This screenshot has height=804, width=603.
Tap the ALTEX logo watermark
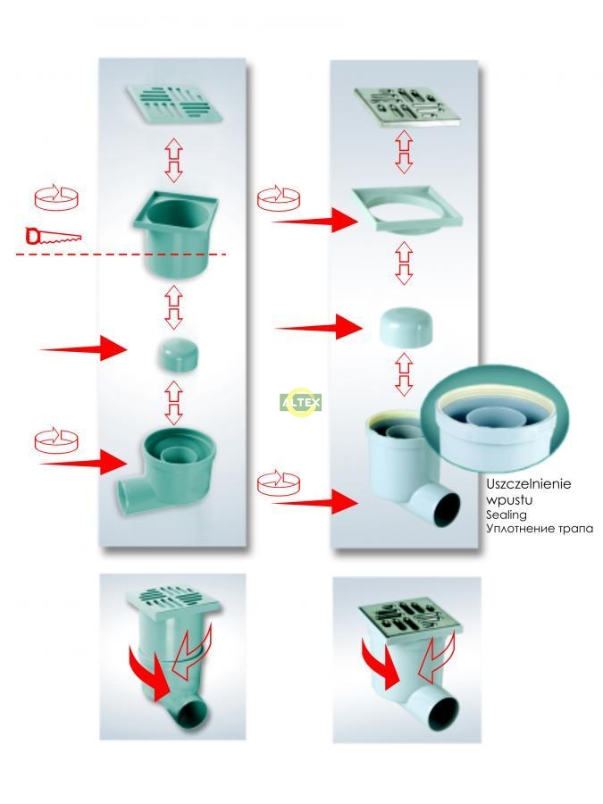pos(301,402)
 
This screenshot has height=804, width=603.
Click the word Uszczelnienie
pos(528,484)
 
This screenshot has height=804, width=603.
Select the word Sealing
pos(507,515)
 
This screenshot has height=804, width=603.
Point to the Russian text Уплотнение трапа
pos(540,528)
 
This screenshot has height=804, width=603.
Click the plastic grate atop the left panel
pos(175,105)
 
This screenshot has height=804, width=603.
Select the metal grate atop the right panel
pos(407,107)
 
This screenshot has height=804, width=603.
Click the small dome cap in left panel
pos(178,355)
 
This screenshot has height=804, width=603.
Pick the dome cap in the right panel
pos(406,326)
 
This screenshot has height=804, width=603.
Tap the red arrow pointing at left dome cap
pos(83,348)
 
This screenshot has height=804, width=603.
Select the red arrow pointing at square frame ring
pos(314,221)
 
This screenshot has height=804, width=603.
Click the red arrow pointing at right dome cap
pos(319,327)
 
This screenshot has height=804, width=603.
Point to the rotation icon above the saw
pos(56,197)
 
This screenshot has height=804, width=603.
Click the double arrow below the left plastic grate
pos(174,160)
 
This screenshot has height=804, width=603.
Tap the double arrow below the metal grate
pos(404,151)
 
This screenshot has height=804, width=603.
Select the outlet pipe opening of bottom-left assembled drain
pos(193,713)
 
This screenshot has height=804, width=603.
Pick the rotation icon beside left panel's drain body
pos(56,440)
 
